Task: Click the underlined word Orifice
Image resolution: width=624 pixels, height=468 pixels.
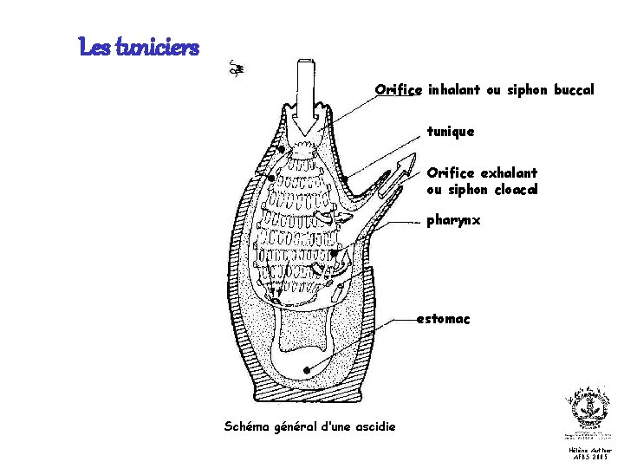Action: pos(398,89)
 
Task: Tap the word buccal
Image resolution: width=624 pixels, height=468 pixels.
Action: pos(573,89)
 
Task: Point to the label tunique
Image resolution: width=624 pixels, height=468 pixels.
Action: pos(451,132)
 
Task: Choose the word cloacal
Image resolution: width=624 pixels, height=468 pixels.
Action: pos(517,190)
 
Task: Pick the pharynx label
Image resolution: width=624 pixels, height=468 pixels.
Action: pos(453,221)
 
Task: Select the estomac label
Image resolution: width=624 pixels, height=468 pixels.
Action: pos(443,320)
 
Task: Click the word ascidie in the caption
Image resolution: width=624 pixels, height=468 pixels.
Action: pos(375,426)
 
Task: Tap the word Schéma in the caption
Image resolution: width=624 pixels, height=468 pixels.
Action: pos(246,426)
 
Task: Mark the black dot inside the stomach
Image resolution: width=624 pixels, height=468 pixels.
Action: pos(307,370)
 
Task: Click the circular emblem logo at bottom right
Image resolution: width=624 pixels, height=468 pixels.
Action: pos(589,407)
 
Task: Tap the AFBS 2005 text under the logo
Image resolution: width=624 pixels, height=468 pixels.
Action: pos(589,457)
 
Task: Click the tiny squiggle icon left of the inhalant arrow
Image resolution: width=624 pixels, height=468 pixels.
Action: pos(233,67)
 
